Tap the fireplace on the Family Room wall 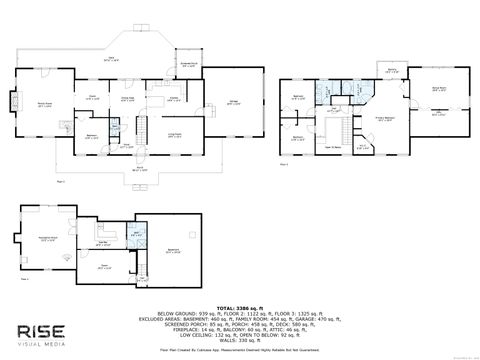click(14, 101)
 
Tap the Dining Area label click(128, 98)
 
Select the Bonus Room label click(438, 89)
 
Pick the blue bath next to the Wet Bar click(138, 236)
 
